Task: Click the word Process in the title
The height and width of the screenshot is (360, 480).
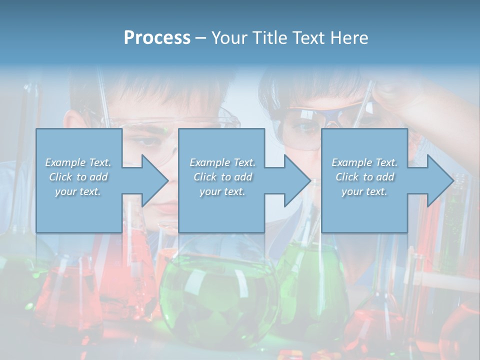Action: coord(157,38)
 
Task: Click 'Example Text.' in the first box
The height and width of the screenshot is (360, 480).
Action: coord(78,162)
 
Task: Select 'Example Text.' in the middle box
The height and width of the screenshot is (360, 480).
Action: coord(222,162)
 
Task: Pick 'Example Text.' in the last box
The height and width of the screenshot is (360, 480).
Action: coord(364,162)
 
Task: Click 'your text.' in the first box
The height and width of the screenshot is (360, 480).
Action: coord(78,191)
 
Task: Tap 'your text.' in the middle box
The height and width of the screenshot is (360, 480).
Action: coord(222,191)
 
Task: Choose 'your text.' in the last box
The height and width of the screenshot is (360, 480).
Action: coord(364,191)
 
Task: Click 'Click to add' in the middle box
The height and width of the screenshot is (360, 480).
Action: coord(222,177)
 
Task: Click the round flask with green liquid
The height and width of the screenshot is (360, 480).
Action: coord(217,295)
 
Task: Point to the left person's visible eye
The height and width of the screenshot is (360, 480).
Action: coord(150,141)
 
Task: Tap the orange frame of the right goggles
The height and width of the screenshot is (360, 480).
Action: coord(320,106)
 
